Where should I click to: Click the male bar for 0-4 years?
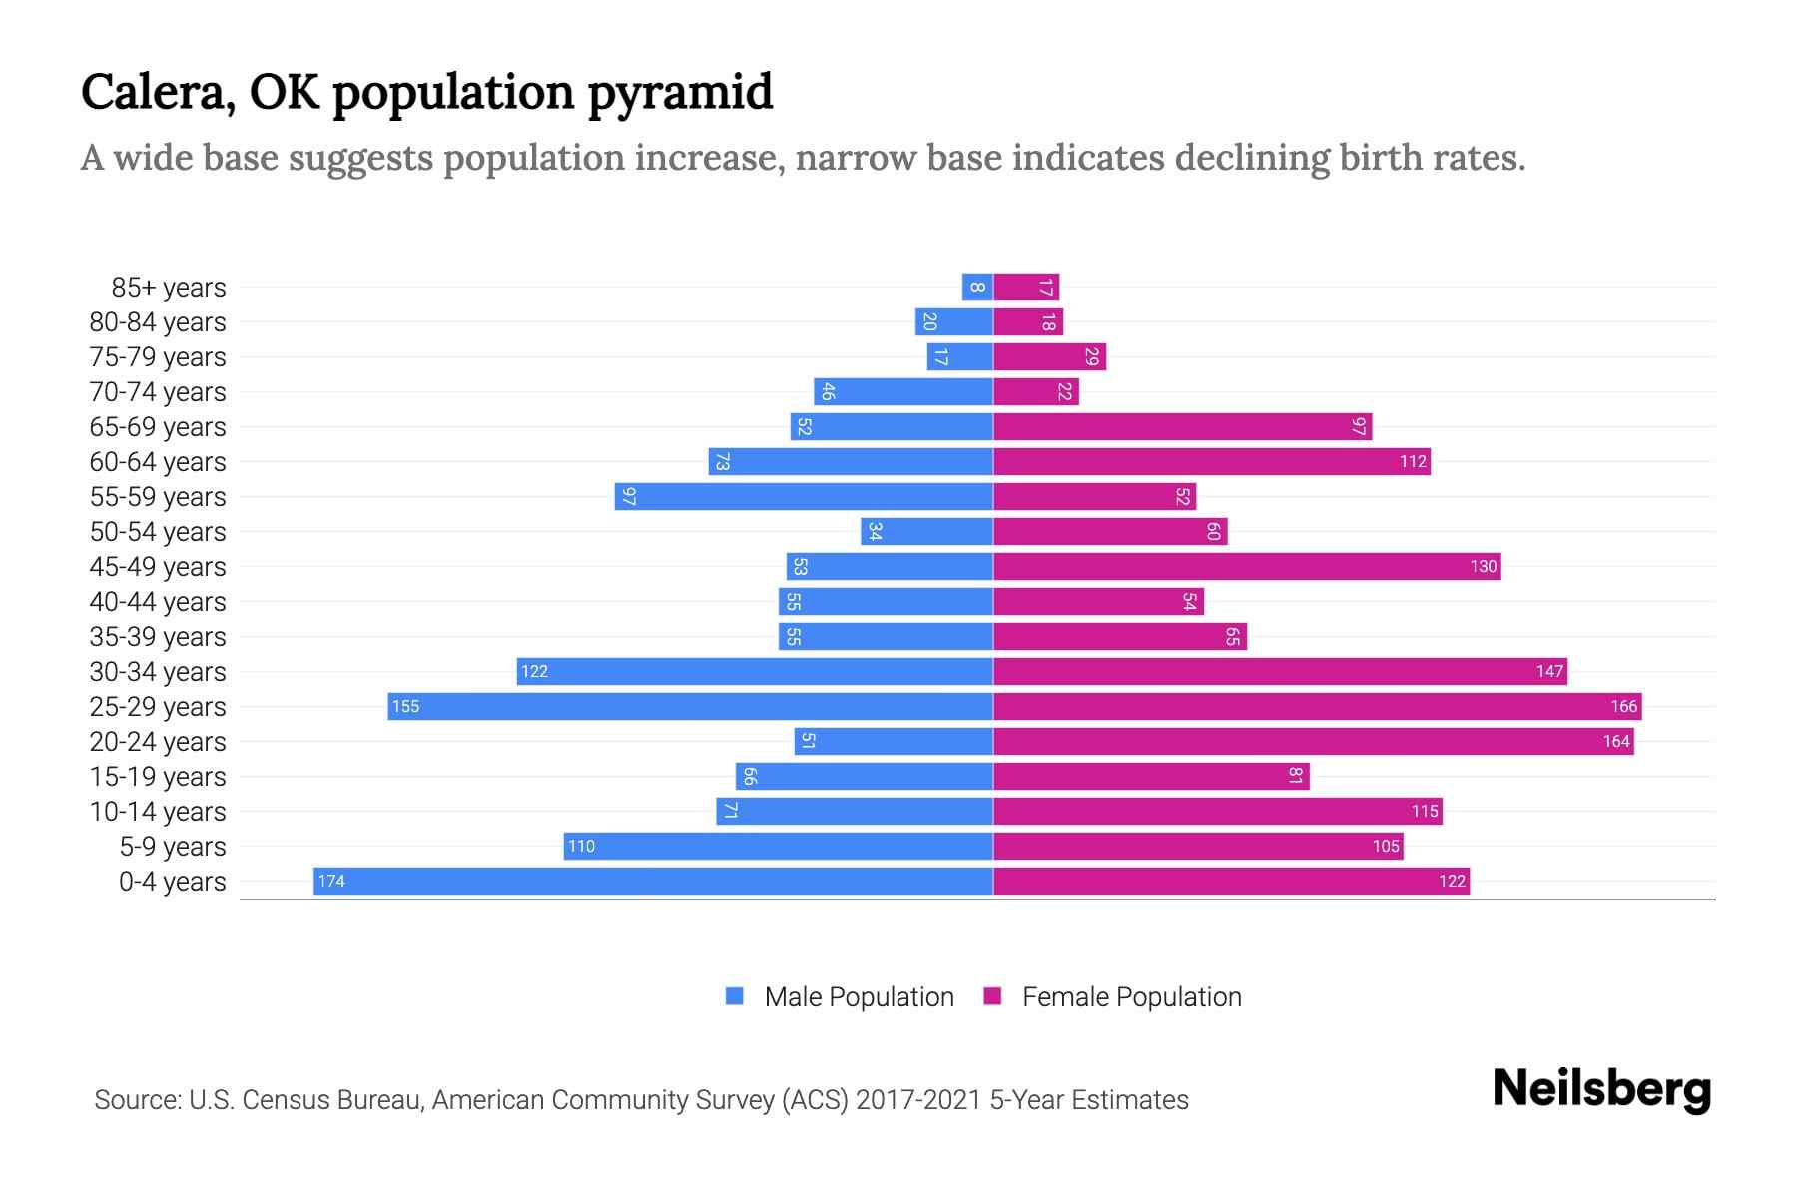pos(653,881)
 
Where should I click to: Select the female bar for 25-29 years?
pos(1317,706)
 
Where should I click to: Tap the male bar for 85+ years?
pos(977,287)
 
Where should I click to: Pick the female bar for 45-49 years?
pos(1247,566)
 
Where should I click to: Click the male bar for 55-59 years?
pos(804,496)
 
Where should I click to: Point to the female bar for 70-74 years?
pos(1036,391)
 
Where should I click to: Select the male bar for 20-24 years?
pos(894,741)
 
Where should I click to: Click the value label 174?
pos(331,881)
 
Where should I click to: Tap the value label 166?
pos(1623,706)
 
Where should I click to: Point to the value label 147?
pos(1549,671)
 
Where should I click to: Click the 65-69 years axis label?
pos(158,427)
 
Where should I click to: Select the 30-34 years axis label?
pos(158,672)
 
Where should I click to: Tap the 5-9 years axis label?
pos(173,847)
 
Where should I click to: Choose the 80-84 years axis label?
pos(158,322)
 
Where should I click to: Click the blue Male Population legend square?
pos(735,996)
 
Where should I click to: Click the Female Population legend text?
pos(1131,997)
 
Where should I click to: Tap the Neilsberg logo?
pos(1601,1089)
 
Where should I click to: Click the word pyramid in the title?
pos(679,93)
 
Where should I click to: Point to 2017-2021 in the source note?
pos(918,1100)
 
